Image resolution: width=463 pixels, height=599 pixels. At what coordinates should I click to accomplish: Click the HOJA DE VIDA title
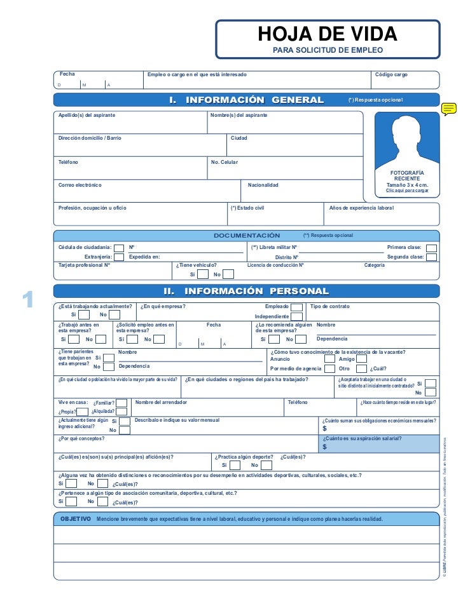(327, 34)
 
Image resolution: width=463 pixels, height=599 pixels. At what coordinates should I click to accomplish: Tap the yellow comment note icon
(449, 109)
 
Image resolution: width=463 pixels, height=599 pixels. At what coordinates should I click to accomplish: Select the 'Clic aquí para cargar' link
(407, 191)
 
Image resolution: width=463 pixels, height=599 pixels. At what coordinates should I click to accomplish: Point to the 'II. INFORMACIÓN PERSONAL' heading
(246, 292)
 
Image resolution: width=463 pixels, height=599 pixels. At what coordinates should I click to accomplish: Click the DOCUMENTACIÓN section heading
(246, 236)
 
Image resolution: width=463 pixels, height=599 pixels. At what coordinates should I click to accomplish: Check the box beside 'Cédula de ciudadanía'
(119, 248)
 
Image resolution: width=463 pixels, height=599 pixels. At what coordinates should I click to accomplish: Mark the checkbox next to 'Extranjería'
(119, 257)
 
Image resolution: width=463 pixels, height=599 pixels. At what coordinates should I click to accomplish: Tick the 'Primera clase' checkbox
(431, 248)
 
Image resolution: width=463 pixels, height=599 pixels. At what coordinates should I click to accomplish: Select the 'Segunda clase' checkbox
(431, 257)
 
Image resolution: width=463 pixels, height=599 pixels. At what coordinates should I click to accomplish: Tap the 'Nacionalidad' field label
(263, 185)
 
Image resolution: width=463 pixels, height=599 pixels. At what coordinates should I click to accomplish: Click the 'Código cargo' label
(391, 75)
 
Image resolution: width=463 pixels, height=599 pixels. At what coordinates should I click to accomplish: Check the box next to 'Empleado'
(297, 307)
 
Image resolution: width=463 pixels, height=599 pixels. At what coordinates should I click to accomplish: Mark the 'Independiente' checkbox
(297, 316)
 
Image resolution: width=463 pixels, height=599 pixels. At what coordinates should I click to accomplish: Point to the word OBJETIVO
(76, 519)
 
